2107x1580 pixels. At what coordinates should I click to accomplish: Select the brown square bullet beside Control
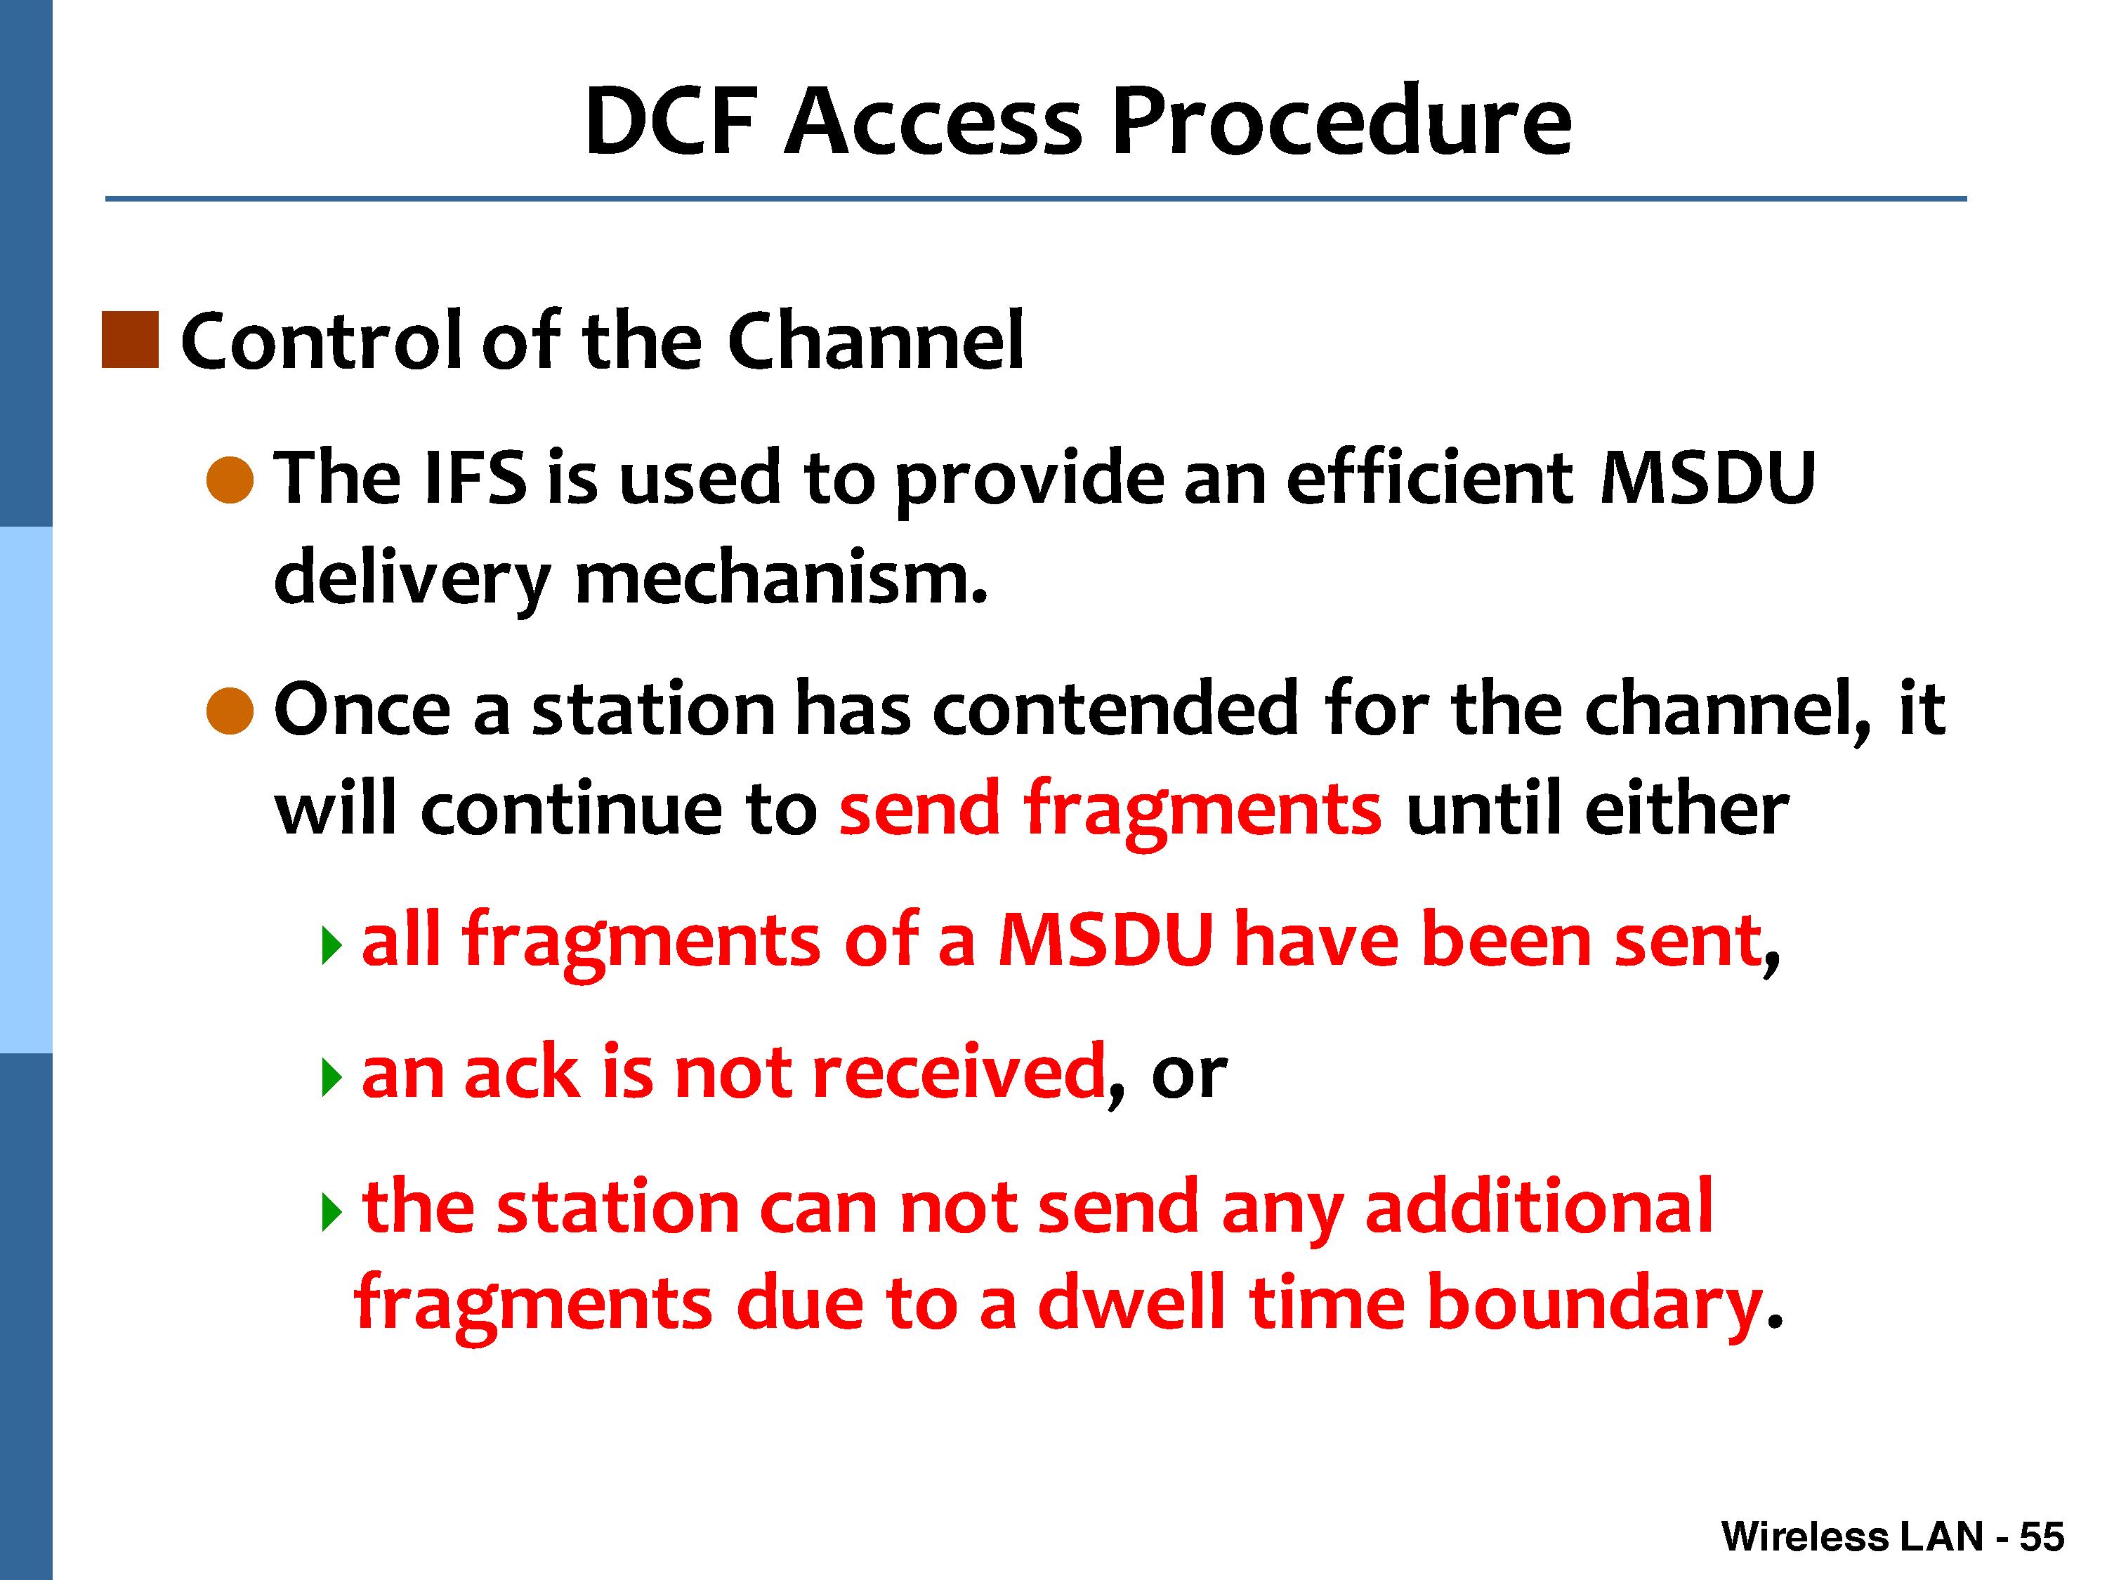tap(129, 340)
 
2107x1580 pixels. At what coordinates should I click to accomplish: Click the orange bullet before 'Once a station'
tap(230, 711)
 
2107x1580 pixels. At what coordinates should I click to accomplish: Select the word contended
tap(1115, 709)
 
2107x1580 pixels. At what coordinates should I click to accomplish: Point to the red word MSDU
tap(1106, 941)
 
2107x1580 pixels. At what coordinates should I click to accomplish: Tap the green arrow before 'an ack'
tap(332, 1077)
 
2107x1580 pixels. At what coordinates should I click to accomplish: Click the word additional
tap(1540, 1206)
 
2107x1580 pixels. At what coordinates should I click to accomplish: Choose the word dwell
tap(1131, 1302)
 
